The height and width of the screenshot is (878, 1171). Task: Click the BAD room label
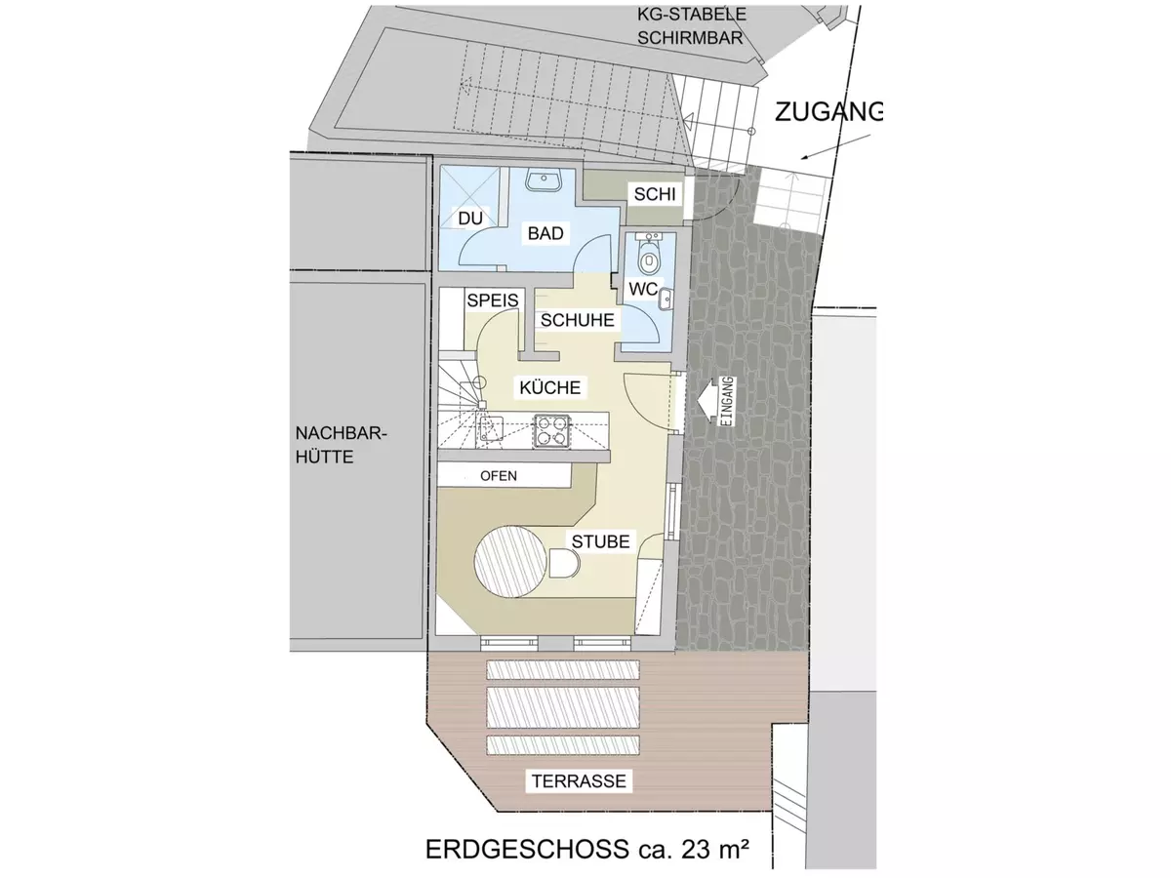pos(545,233)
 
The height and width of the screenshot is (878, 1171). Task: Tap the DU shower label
pos(470,218)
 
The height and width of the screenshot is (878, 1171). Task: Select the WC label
pos(643,289)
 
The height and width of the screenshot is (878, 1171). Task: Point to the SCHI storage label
pos(655,194)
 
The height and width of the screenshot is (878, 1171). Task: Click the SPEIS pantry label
pos(493,300)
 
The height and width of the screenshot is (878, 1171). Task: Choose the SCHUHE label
pos(578,320)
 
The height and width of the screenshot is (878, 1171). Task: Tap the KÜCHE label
pos(550,387)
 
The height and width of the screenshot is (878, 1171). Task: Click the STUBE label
pos(601,541)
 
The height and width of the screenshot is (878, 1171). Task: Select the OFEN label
pos(499,476)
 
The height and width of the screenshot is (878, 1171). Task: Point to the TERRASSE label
pos(579,781)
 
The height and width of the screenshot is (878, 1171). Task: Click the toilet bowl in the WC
pos(649,259)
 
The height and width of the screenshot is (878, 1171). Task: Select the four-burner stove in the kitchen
pos(551,429)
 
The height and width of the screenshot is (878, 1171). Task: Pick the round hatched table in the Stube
pos(510,561)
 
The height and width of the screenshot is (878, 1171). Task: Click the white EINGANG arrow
pos(707,400)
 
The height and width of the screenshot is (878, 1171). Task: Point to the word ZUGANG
pos(828,112)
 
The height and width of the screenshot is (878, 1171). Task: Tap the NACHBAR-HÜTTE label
pos(341,445)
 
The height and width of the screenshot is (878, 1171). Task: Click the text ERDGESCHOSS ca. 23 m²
pos(586,849)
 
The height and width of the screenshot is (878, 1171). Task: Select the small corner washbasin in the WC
pos(666,299)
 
